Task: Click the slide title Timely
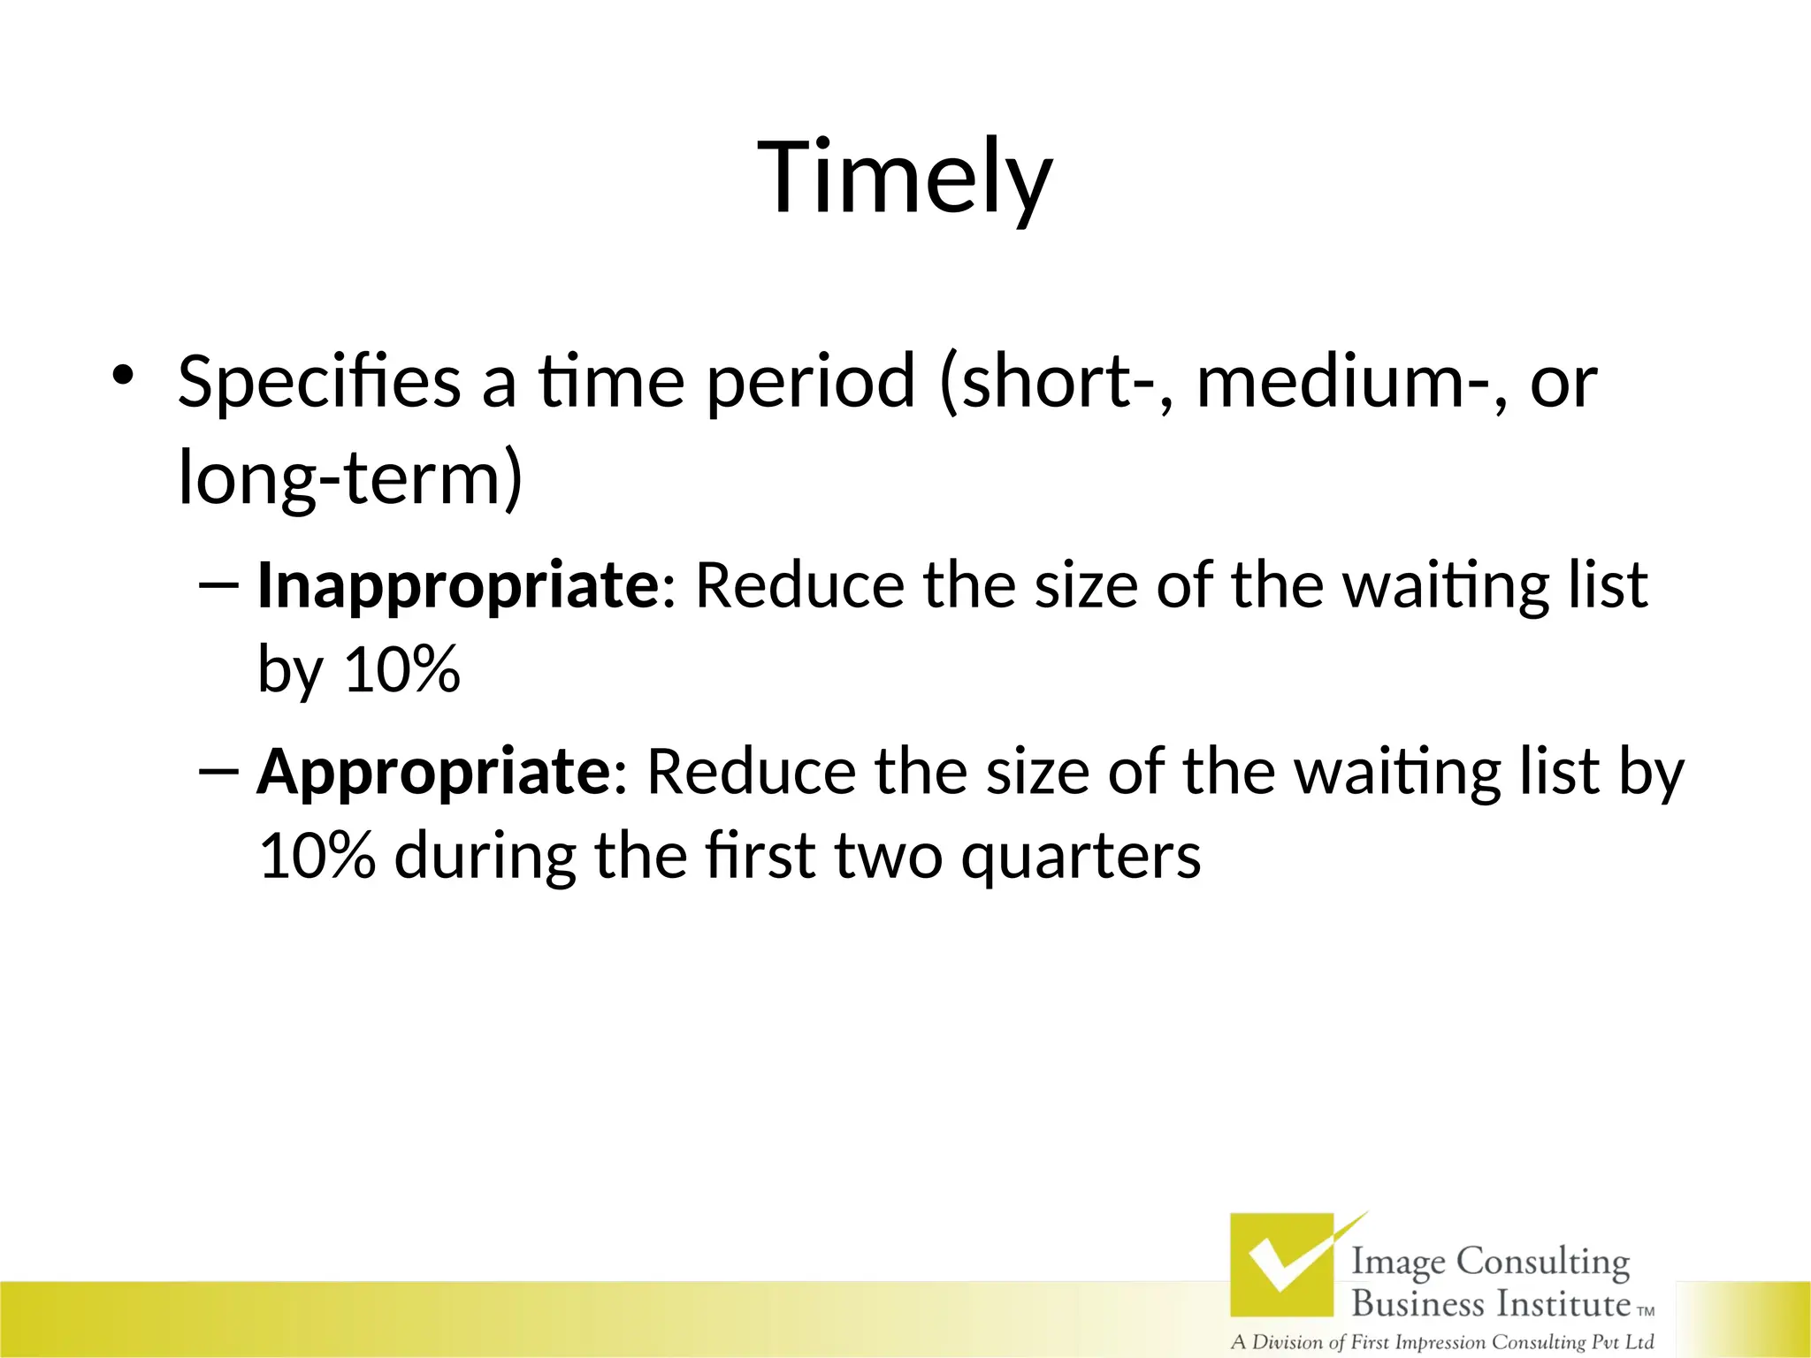point(905,177)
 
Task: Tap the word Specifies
point(319,382)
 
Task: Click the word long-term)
point(350,478)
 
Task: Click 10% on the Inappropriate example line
point(401,668)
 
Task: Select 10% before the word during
point(317,855)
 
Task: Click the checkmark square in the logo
point(1282,1264)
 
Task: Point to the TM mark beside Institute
point(1646,1311)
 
